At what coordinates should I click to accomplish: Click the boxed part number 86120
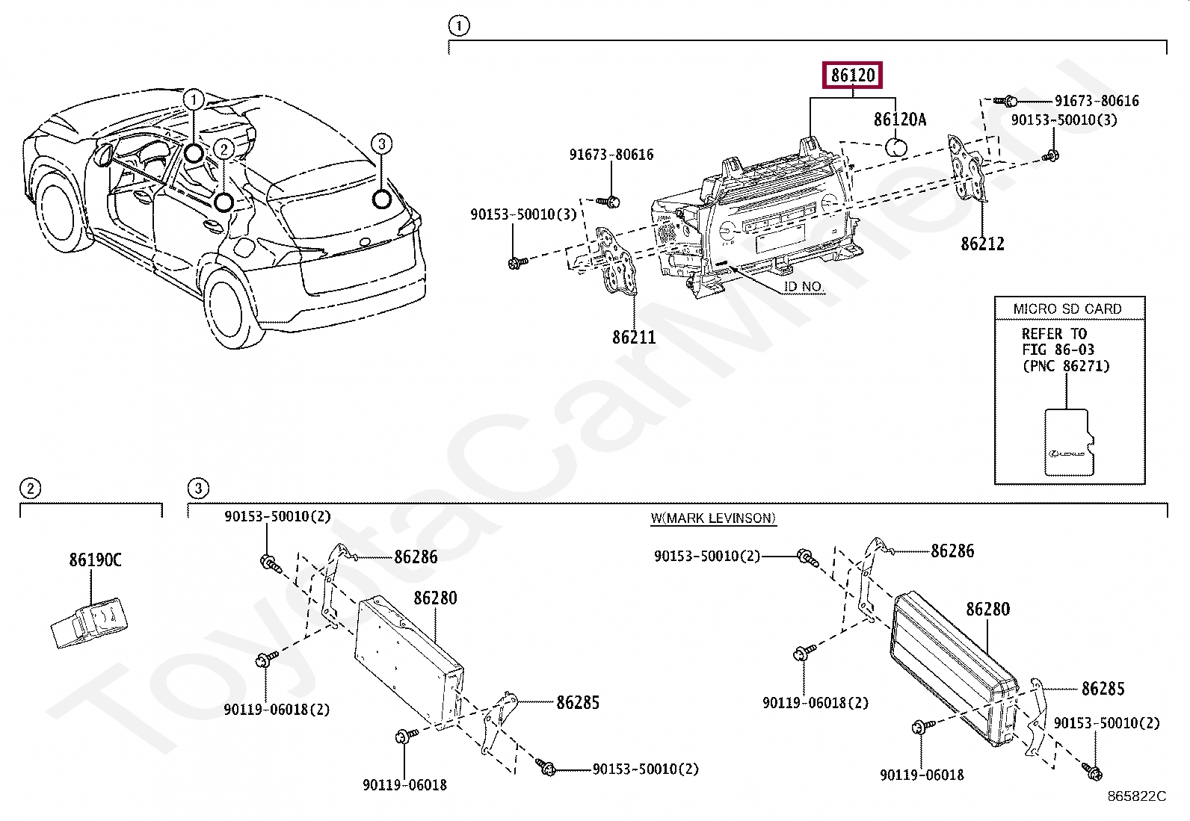tap(852, 75)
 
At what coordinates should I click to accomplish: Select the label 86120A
tap(900, 120)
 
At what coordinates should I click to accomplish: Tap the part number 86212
tap(982, 244)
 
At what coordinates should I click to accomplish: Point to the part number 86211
tap(634, 338)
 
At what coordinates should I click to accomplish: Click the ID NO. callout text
tap(804, 286)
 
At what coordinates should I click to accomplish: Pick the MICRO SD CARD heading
tap(1067, 309)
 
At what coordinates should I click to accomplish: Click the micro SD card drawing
tap(1068, 442)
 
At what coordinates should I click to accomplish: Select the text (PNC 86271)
tap(1066, 366)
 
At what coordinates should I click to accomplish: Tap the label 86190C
tap(95, 560)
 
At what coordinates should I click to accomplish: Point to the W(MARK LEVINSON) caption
tap(713, 518)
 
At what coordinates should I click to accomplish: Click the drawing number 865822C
tap(1136, 796)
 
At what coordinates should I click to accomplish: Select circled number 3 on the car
tap(381, 143)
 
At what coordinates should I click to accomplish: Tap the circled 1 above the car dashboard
tap(194, 99)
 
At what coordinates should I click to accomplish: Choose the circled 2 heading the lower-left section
tap(29, 489)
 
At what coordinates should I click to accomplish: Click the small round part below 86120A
tap(896, 146)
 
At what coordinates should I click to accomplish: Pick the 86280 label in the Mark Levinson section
tap(987, 610)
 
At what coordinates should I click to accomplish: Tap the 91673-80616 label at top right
tap(1097, 101)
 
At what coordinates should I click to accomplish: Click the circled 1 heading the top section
tap(458, 26)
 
